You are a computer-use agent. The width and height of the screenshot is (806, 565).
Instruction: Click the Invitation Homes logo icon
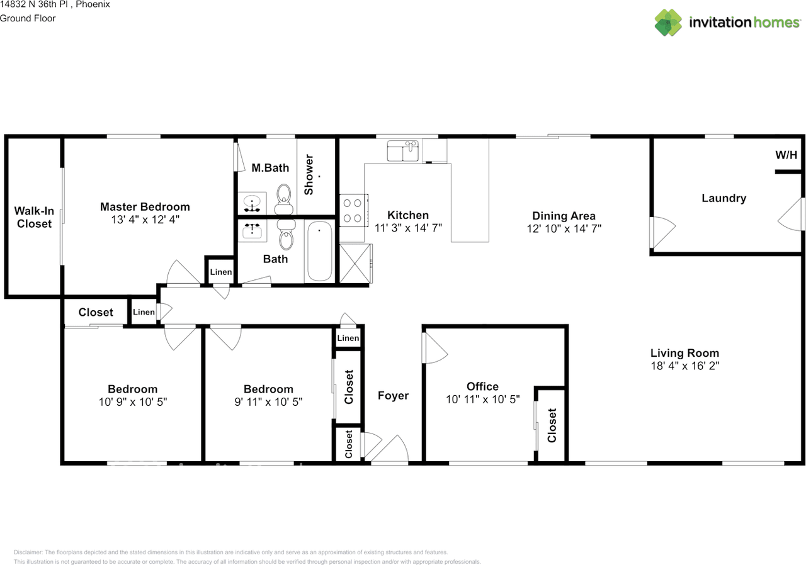(x=668, y=23)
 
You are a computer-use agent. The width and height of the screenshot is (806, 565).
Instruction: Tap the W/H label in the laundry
(x=786, y=155)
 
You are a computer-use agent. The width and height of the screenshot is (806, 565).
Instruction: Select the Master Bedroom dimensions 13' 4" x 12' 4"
(x=145, y=220)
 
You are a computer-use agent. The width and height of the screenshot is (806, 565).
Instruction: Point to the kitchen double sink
(x=404, y=152)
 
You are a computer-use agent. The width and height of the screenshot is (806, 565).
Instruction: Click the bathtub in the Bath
(x=319, y=251)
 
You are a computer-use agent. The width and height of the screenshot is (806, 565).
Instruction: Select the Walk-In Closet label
(x=34, y=217)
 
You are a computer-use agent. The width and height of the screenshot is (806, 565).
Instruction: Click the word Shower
(x=309, y=174)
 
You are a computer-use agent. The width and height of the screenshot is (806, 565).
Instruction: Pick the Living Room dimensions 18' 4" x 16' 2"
(x=684, y=366)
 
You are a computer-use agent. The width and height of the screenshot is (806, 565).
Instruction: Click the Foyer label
(x=393, y=396)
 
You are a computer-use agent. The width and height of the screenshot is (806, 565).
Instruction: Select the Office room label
(x=482, y=386)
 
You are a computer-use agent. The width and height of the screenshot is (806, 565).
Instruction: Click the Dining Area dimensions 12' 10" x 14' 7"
(x=564, y=229)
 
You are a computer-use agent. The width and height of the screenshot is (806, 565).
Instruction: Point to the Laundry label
(x=724, y=198)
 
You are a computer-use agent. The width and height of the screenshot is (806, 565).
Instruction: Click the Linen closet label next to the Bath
(x=220, y=272)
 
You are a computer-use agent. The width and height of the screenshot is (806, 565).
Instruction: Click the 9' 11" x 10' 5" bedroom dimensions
(x=268, y=401)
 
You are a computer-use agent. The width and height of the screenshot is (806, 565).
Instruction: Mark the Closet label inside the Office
(x=552, y=425)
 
